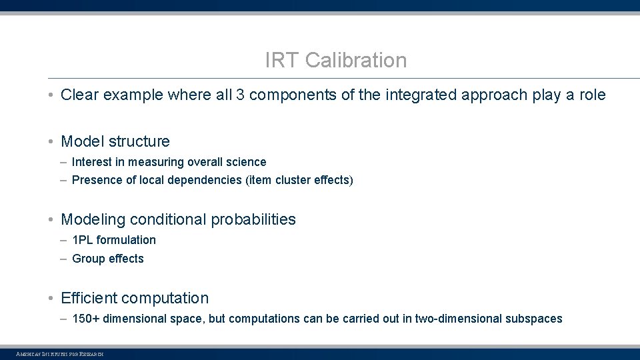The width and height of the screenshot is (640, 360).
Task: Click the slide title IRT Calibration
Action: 335,61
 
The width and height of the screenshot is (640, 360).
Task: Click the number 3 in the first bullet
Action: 238,95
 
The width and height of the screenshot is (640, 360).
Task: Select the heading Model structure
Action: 115,141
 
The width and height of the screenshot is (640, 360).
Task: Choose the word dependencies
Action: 209,180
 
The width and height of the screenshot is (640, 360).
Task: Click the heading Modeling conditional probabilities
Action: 178,220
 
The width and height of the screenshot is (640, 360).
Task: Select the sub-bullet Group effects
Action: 107,259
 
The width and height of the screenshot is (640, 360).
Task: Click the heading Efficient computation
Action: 135,298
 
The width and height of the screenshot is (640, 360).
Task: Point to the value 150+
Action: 86,319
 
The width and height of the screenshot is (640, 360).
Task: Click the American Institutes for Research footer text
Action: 60,354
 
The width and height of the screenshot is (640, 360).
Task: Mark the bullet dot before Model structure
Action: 51,142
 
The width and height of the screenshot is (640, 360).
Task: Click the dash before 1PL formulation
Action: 63,240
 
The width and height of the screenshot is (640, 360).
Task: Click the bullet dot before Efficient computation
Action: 51,299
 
